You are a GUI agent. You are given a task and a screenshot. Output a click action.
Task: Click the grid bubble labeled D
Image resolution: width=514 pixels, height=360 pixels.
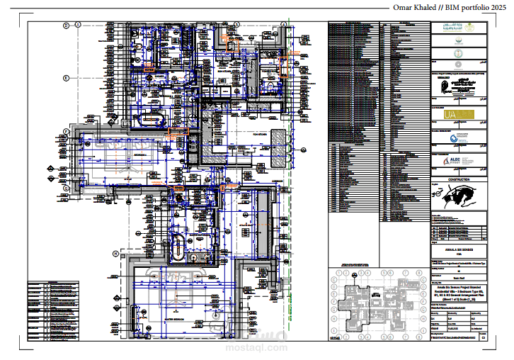pos(66,26)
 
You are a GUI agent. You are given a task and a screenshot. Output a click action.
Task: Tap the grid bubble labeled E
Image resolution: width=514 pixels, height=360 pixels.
pos(66,77)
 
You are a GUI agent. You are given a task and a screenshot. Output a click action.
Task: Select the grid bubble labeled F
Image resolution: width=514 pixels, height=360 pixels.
pos(66,131)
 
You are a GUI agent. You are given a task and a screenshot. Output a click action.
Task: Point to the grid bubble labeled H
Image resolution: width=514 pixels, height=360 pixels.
pos(115,253)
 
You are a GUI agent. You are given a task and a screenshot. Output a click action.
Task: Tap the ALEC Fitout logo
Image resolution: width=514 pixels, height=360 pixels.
pos(457,161)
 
